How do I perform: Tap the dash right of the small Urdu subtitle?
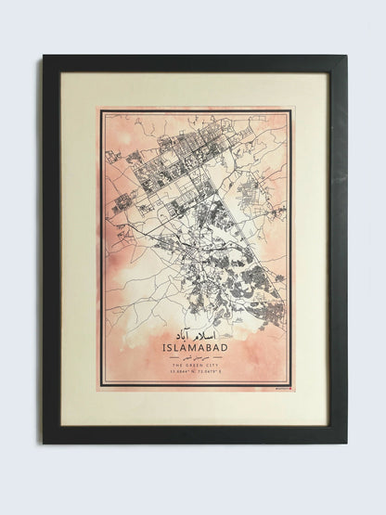215,358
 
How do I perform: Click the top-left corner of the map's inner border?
103,113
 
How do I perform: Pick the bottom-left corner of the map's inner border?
103,384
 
